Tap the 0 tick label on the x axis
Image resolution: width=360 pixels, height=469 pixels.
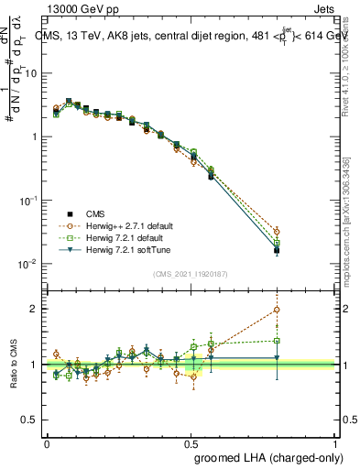click(x=47, y=442)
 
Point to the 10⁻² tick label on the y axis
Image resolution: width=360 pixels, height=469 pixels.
click(x=30, y=264)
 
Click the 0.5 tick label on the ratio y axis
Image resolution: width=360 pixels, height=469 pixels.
click(x=33, y=420)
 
